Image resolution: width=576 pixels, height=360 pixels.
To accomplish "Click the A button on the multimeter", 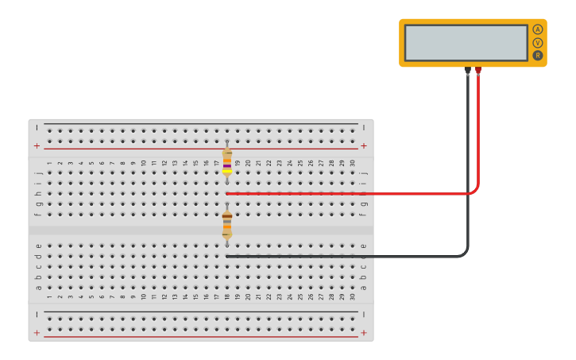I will pos(538,29).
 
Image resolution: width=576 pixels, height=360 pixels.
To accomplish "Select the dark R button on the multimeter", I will pos(538,56).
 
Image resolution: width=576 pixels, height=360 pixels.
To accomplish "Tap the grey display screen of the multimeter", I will pos(466,42).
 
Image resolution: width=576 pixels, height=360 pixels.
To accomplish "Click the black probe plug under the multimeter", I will pos(467,72).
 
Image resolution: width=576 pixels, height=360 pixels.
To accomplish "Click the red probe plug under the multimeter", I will pos(478,72).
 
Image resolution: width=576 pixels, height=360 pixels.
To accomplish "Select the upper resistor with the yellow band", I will pos(227,161).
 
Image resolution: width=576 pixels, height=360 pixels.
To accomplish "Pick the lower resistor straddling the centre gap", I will pos(227,224).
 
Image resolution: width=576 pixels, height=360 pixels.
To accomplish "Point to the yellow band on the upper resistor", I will pos(227,171).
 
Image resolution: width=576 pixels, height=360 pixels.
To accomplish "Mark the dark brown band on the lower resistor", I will pos(227,215).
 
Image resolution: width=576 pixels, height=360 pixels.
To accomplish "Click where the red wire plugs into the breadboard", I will pos(227,193).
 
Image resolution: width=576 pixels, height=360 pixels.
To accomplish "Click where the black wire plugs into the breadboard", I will pos(227,256).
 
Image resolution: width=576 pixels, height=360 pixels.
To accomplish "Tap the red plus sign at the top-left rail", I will pos(37,146).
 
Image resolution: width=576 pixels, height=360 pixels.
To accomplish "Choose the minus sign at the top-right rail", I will pos(364,127).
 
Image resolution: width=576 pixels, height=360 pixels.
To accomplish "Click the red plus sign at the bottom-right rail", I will pos(364,334).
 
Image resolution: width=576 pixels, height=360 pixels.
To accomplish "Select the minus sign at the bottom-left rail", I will pos(37,315).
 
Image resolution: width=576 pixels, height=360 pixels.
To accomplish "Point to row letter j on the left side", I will pos(38,172).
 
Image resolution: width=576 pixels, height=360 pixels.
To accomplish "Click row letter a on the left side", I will pos(38,288).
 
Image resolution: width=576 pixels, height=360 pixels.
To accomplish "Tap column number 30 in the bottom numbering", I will pos(353,297).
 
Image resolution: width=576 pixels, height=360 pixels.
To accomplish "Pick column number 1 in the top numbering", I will pos(49,163).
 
